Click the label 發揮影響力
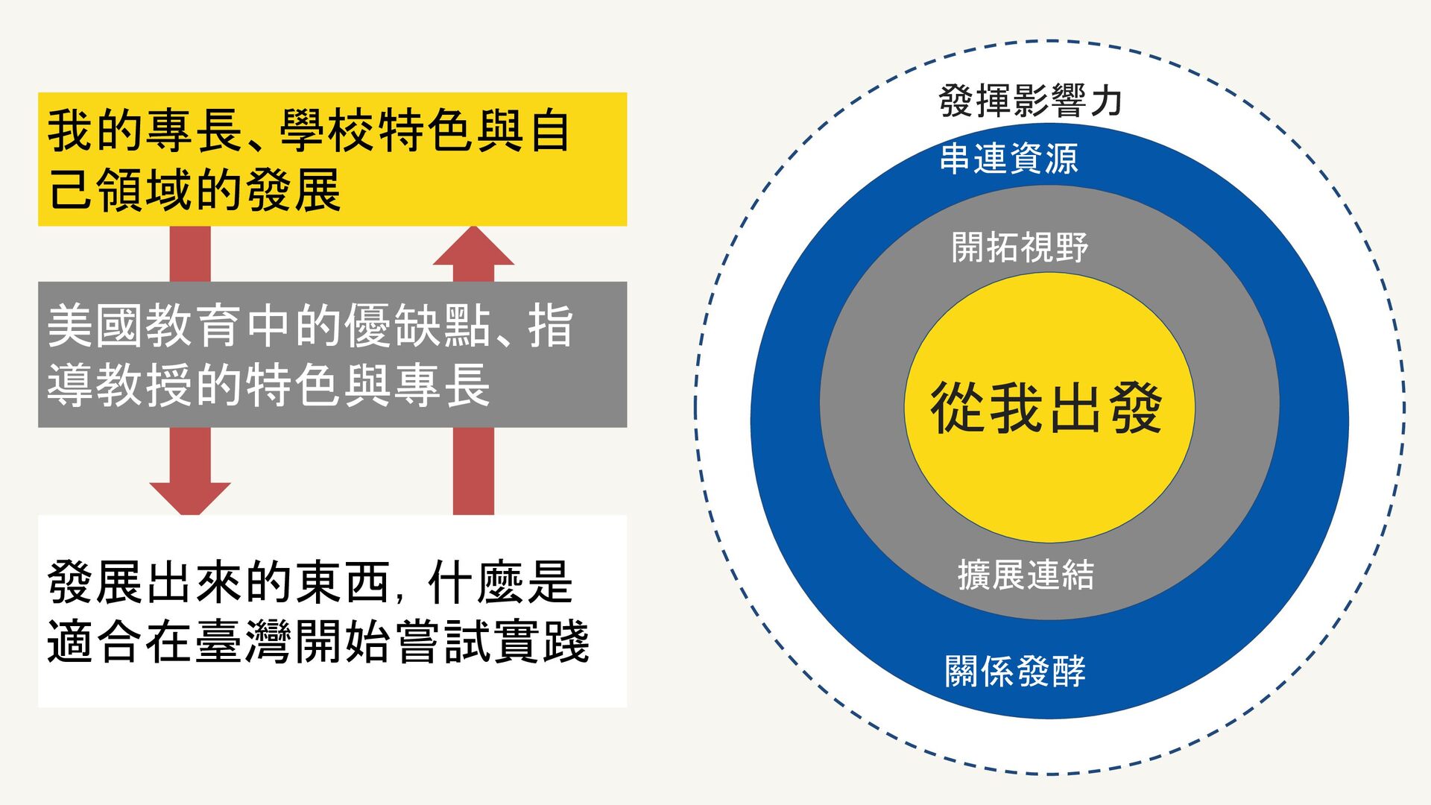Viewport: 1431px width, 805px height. click(1030, 101)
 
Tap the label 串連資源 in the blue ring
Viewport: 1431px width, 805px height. click(1008, 159)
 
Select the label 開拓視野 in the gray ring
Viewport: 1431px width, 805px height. click(1020, 247)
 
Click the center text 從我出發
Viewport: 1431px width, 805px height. click(1046, 408)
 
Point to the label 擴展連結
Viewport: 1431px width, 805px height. click(1026, 575)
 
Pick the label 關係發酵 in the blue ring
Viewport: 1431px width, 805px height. click(1015, 671)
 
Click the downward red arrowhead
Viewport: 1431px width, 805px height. click(190, 497)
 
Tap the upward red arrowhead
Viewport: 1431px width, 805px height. click(473, 247)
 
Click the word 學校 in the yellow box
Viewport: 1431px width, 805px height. click(328, 130)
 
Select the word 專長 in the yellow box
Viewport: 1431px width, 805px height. click(194, 130)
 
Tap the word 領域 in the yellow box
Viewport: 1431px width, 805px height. click(145, 190)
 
